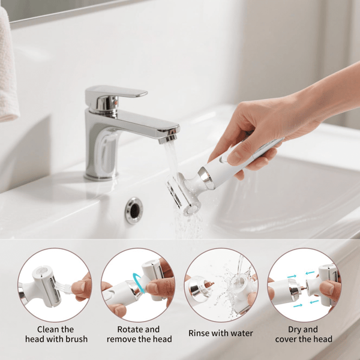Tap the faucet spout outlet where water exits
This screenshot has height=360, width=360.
169,138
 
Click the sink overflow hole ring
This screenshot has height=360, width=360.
134,211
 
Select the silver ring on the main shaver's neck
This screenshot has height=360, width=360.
206,178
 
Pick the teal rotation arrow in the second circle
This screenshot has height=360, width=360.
139,283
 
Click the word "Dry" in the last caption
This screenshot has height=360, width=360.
295,329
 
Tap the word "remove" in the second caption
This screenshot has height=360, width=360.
119,339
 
